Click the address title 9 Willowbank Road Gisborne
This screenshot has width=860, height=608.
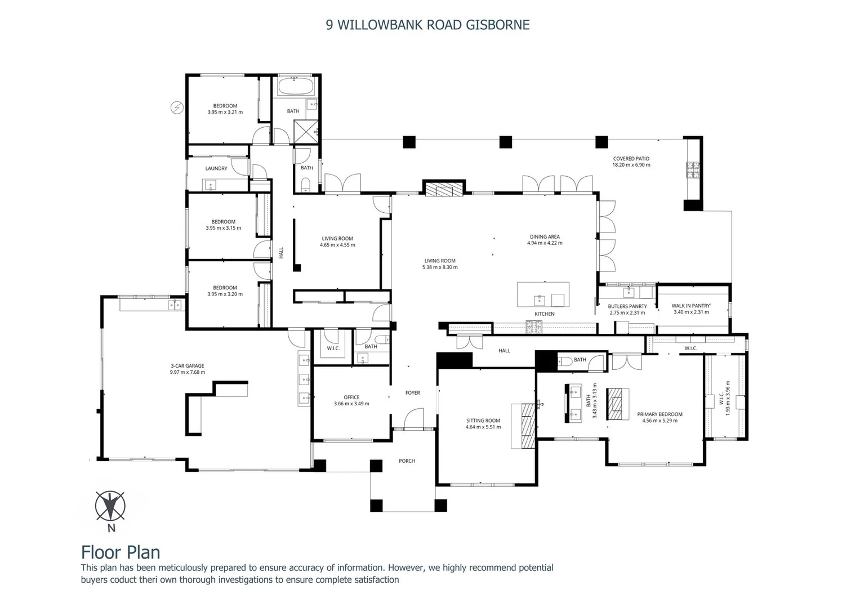(427, 25)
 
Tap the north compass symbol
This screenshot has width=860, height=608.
(110, 506)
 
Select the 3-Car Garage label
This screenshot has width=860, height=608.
(187, 366)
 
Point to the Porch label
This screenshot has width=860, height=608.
(407, 461)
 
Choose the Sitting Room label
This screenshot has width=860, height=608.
(483, 421)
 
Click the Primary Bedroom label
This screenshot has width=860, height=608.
(660, 414)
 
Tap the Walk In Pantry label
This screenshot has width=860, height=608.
(691, 306)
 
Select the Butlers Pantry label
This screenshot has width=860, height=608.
(627, 306)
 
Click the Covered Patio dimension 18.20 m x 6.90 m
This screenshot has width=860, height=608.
(631, 165)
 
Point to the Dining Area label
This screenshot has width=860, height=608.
(545, 237)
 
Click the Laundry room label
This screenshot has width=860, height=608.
(216, 168)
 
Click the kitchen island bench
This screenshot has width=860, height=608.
(543, 294)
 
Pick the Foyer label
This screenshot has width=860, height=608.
(412, 393)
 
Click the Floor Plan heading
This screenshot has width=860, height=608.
(121, 552)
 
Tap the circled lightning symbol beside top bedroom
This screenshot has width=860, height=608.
(177, 107)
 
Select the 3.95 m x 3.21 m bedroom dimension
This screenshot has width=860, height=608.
(225, 112)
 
